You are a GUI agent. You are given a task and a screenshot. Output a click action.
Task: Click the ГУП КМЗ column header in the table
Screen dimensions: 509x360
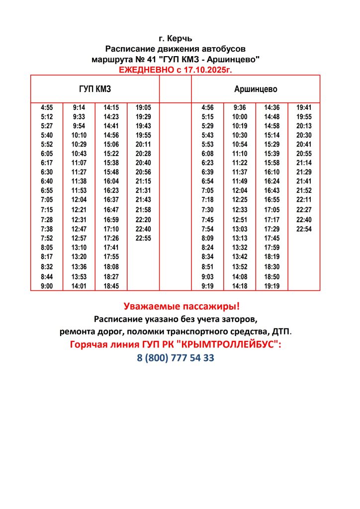pos(95,89)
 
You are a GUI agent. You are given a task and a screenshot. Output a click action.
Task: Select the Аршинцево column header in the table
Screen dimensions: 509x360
pos(256,89)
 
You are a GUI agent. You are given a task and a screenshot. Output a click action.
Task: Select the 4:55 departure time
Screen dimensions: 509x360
pos(47,107)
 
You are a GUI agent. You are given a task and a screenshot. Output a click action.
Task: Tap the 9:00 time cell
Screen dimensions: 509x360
pos(47,286)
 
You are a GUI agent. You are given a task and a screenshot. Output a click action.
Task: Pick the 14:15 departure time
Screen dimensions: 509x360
pos(111,107)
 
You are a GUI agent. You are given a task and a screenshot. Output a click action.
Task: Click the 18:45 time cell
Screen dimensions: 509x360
pos(111,286)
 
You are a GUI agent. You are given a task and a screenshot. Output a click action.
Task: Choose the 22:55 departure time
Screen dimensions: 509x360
pos(143,238)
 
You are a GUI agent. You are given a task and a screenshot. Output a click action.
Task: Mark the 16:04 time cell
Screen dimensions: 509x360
pos(111,181)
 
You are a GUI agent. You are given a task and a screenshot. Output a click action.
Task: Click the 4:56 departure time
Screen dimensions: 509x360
pos(207,107)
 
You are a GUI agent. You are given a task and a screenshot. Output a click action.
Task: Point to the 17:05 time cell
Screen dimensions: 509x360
pos(271,210)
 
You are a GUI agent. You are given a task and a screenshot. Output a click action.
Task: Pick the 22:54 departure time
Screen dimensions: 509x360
pos(303,229)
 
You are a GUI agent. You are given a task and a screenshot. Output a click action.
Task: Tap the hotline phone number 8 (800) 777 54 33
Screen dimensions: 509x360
pos(176,358)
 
